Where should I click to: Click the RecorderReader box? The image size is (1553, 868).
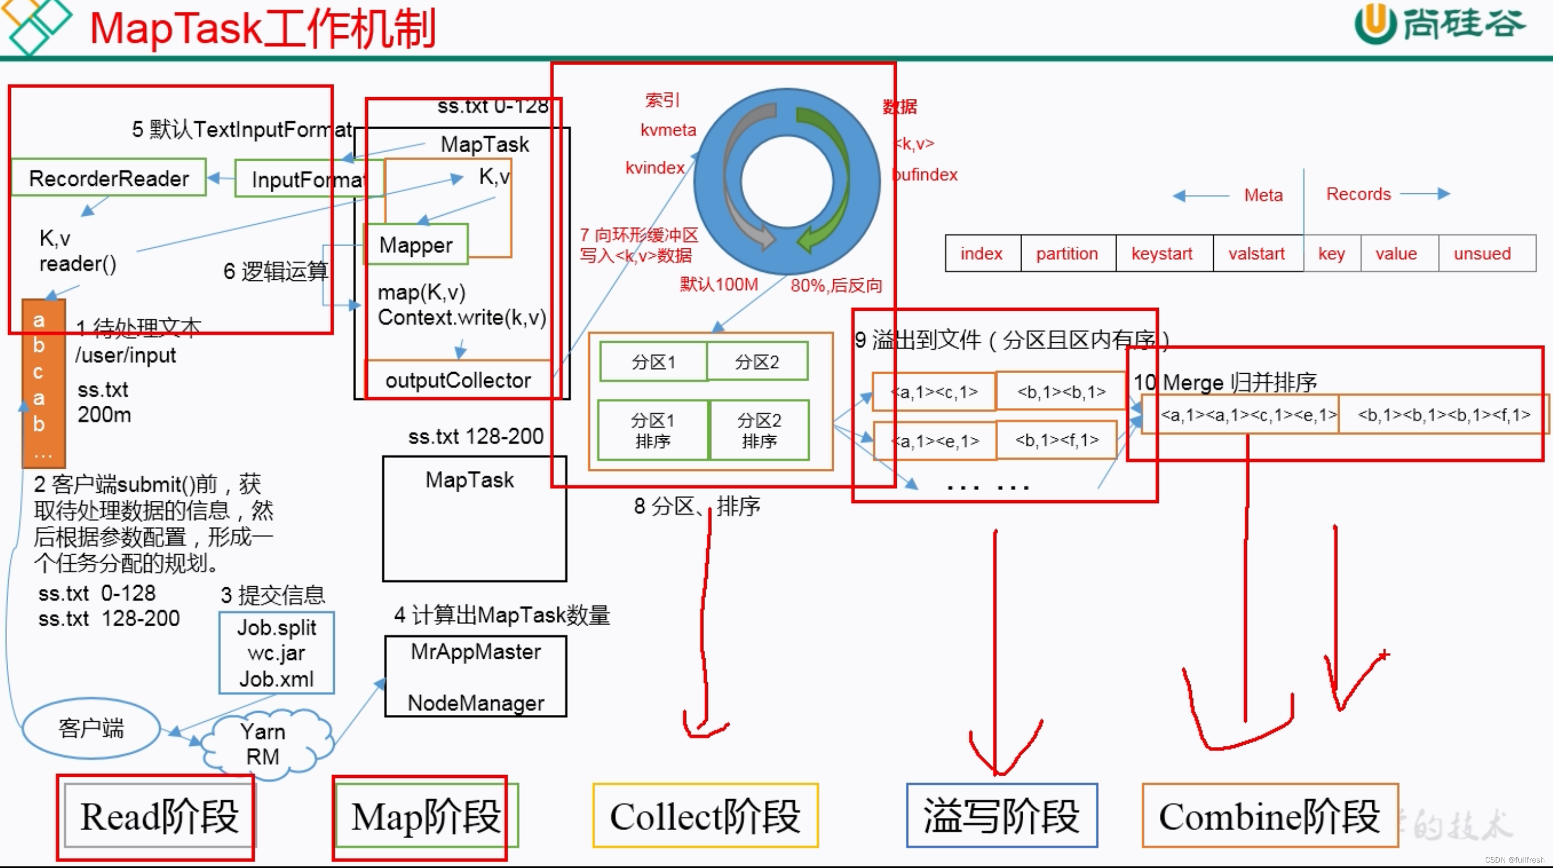[x=109, y=178]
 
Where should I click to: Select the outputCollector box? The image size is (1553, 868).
[x=458, y=380]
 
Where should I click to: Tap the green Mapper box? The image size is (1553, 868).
[x=416, y=244]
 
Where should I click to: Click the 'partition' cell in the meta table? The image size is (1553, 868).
[x=1067, y=253]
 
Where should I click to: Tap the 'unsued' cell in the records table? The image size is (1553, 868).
[x=1482, y=253]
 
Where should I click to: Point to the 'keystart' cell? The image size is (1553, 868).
[x=1162, y=253]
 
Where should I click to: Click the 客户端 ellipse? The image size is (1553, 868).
[x=91, y=728]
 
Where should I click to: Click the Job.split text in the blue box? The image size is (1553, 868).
[x=277, y=628]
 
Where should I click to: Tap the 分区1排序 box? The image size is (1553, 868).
[x=652, y=430]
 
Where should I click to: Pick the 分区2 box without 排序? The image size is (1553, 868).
[x=757, y=362]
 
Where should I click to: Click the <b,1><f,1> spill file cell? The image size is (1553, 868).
[x=1057, y=441]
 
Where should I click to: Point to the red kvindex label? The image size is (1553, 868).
[x=655, y=168]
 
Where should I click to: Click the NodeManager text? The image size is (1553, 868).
[x=476, y=703]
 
